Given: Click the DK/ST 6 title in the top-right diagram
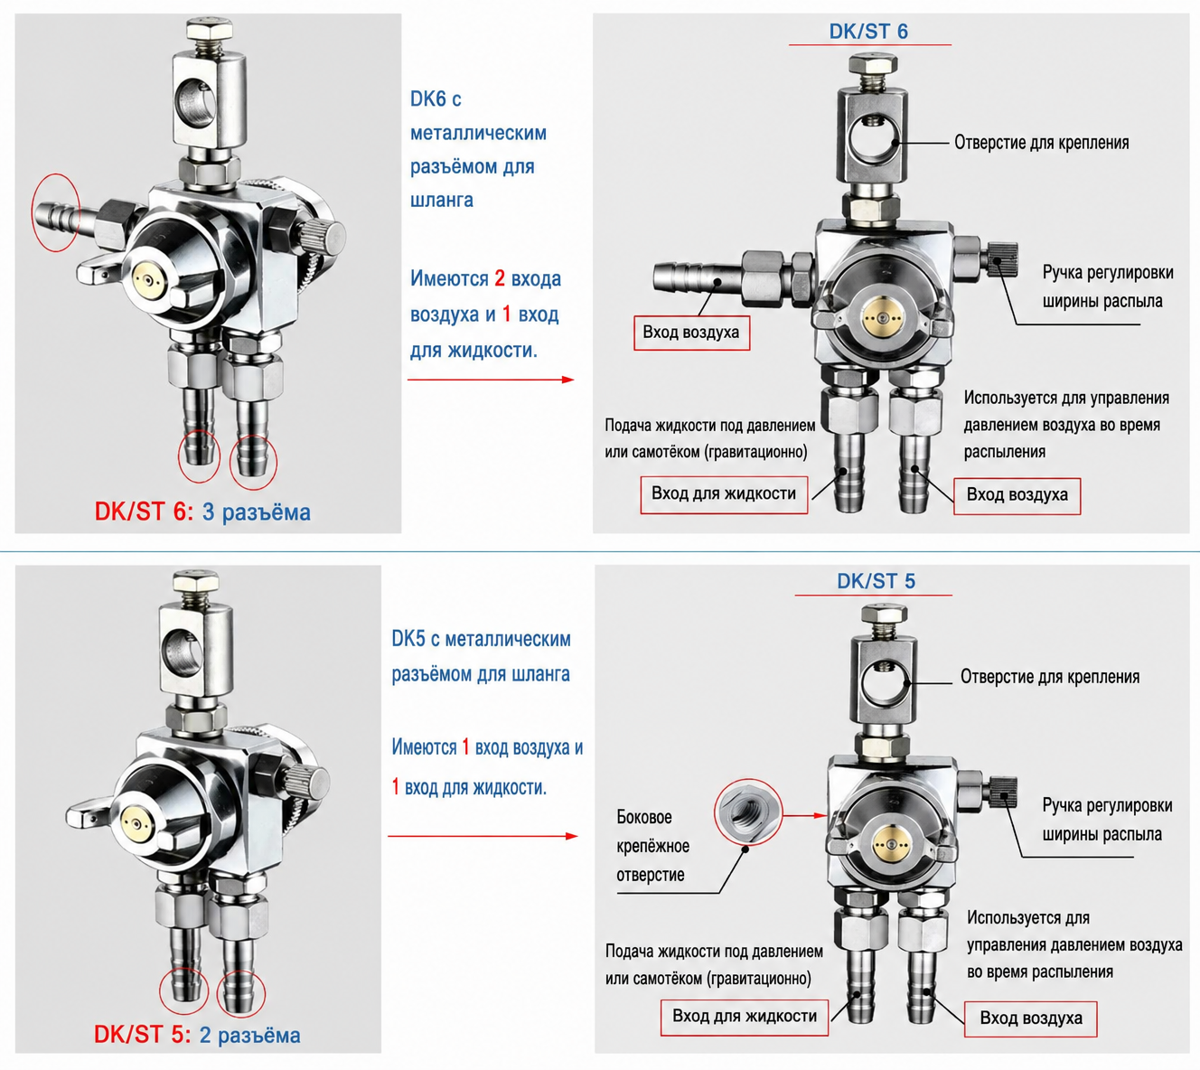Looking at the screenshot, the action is point(868,32).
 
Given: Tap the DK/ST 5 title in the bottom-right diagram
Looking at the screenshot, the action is point(876,580).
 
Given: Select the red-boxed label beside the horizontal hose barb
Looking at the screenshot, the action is point(691,333).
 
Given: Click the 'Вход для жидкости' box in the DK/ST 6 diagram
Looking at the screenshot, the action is point(724,494).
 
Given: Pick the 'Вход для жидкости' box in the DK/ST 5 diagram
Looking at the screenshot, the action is point(745,1016).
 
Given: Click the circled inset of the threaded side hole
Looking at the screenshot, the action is point(748,813).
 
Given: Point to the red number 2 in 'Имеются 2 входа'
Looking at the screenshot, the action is point(500,278).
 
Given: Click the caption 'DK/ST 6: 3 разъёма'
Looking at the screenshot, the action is point(202,512).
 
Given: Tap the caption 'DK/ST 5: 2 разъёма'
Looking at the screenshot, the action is point(197,1035).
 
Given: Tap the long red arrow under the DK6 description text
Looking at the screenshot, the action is point(491,380).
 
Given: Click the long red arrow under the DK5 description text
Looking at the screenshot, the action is point(483,836).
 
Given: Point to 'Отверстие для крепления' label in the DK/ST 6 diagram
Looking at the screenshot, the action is point(1041,143).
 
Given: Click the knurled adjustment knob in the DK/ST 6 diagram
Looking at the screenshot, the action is point(1002,258).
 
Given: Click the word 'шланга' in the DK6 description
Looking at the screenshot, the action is point(442,201).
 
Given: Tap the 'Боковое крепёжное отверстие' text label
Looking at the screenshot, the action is point(652,846).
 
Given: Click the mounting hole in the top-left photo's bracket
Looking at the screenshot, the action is point(200,102).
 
